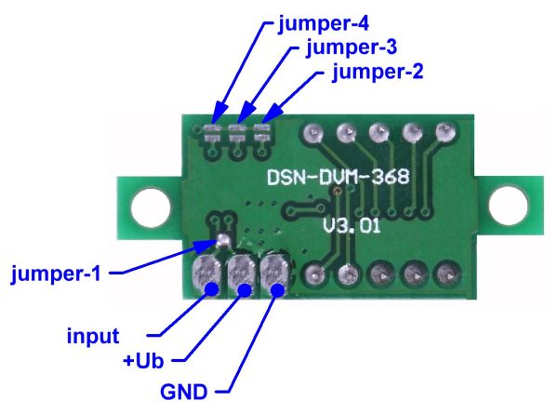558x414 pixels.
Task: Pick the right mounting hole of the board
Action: pyautogui.click(x=509, y=201)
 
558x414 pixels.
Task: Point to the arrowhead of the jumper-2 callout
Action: pyautogui.click(x=269, y=120)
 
